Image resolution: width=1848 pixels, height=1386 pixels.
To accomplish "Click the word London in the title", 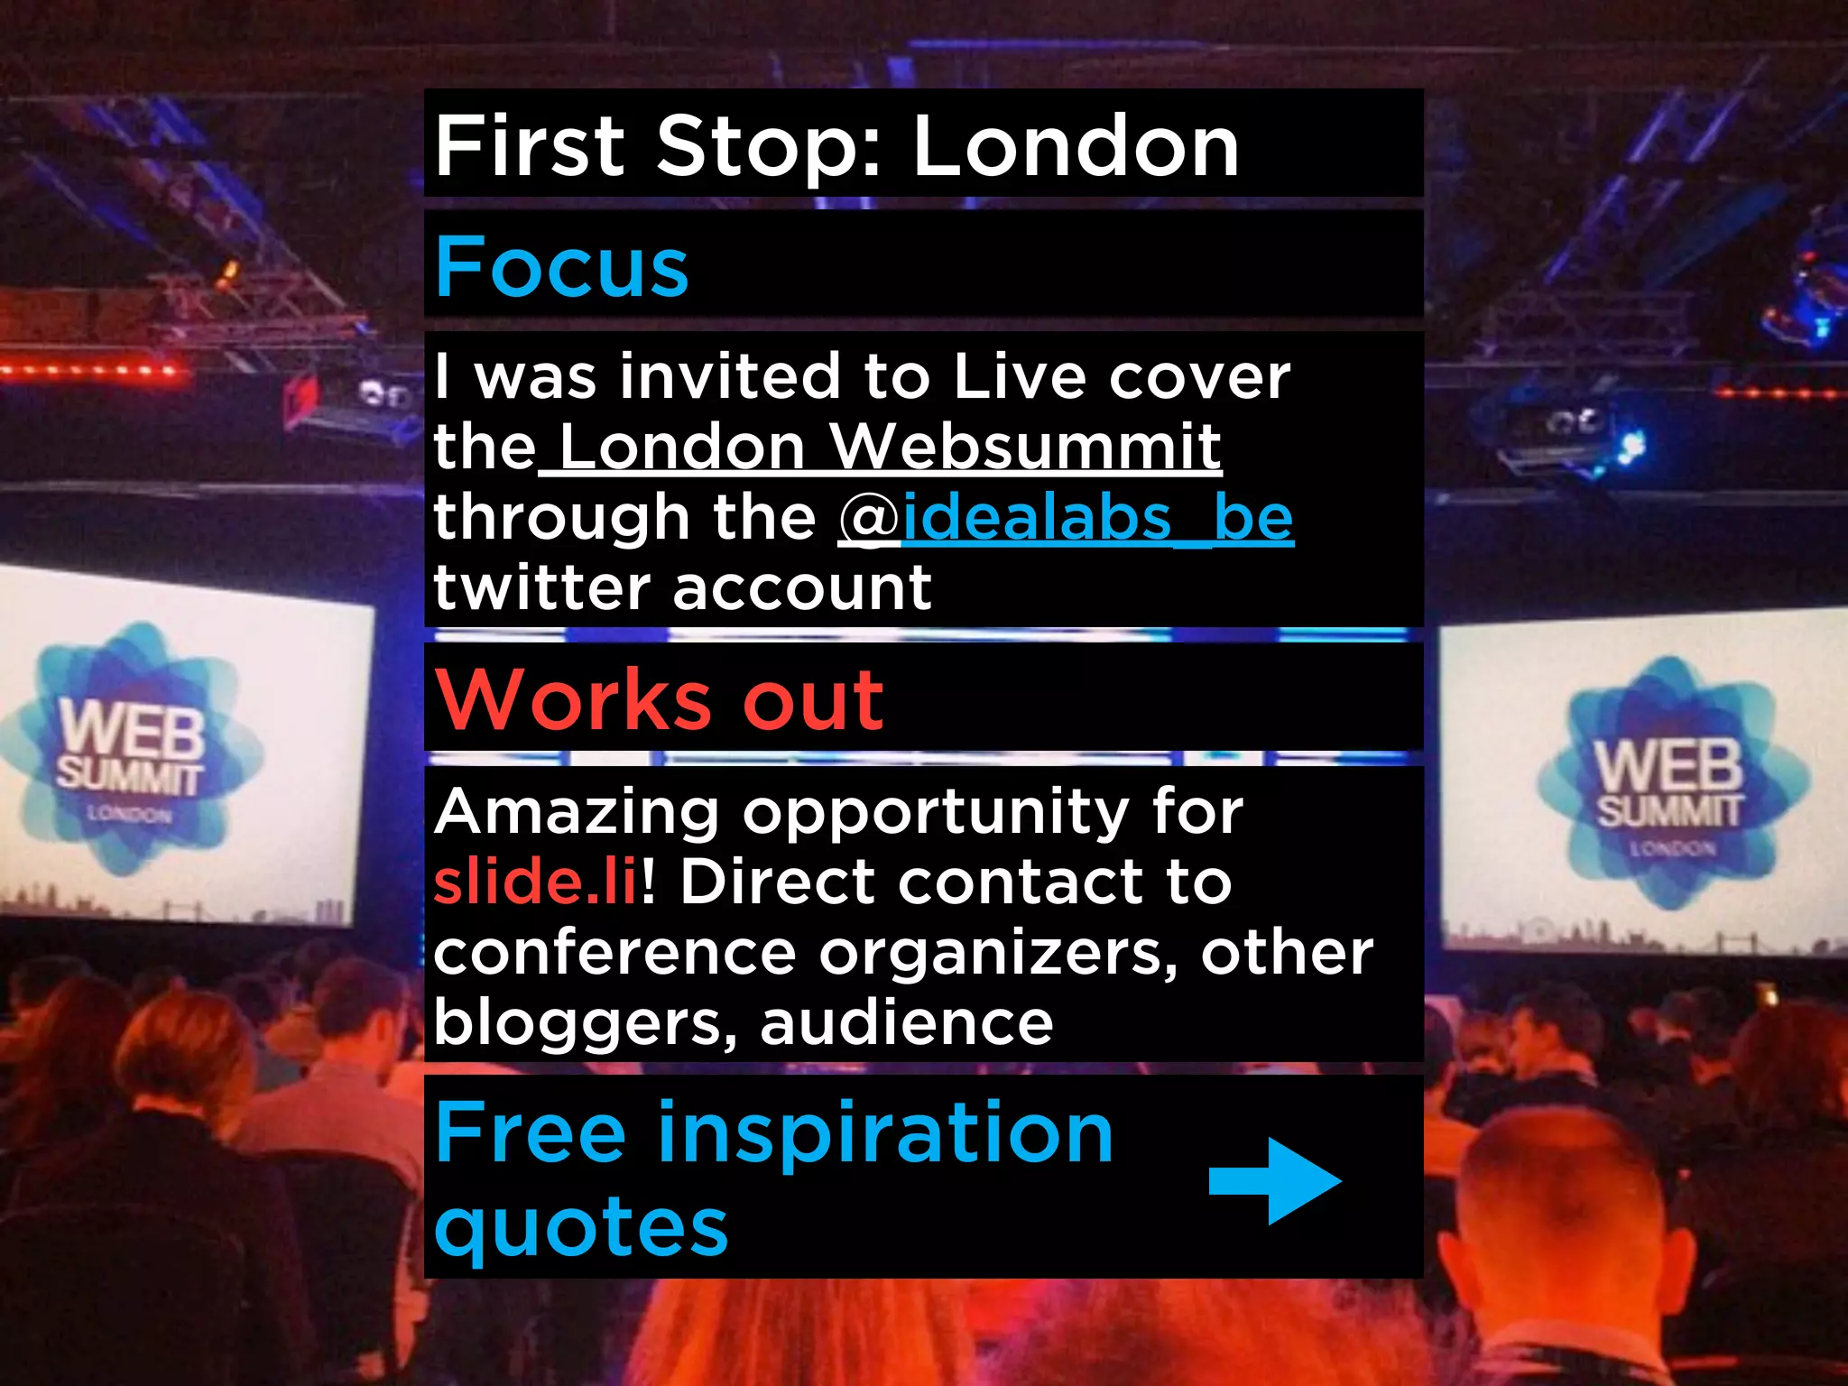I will coord(1076,147).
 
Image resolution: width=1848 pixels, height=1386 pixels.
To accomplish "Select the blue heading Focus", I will coord(561,267).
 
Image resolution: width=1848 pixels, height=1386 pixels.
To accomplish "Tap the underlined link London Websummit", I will coord(890,447).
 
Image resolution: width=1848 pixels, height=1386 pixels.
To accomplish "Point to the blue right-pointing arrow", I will coord(1274,1180).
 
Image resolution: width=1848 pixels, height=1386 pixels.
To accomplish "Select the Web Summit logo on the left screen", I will coord(131,750).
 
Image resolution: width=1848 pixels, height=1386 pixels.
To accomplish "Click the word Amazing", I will coord(577,812).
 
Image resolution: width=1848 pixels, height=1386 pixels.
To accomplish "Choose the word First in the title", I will coord(530,147).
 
